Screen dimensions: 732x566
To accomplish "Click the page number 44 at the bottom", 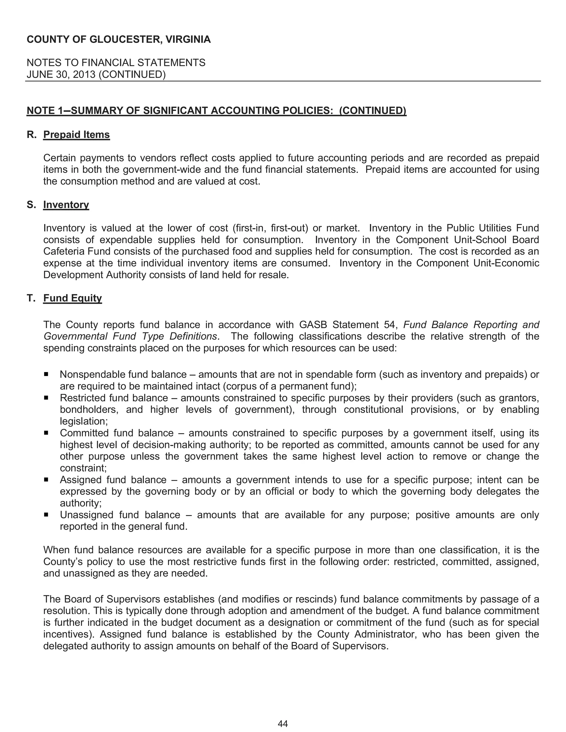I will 283,724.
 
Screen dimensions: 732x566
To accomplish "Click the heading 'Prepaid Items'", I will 77,135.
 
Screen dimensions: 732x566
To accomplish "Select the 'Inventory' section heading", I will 66,205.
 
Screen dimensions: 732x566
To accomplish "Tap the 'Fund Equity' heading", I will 72,298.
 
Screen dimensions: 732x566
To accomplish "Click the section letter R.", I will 31,135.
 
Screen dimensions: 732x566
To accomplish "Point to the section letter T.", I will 31,298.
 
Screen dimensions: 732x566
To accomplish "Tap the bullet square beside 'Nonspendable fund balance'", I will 46,374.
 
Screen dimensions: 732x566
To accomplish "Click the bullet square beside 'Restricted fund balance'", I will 46,397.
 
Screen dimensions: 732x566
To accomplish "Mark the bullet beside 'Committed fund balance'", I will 46,433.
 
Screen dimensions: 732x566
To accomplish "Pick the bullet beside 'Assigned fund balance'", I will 46,480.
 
